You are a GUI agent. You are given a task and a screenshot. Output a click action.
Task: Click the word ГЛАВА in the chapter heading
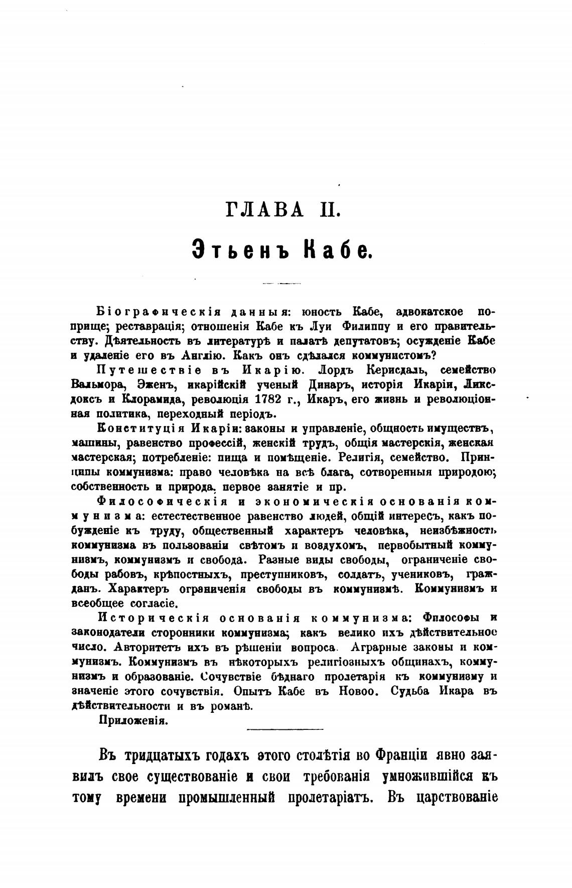tap(265, 209)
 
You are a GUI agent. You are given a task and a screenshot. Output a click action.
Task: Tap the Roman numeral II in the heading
tap(329, 209)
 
